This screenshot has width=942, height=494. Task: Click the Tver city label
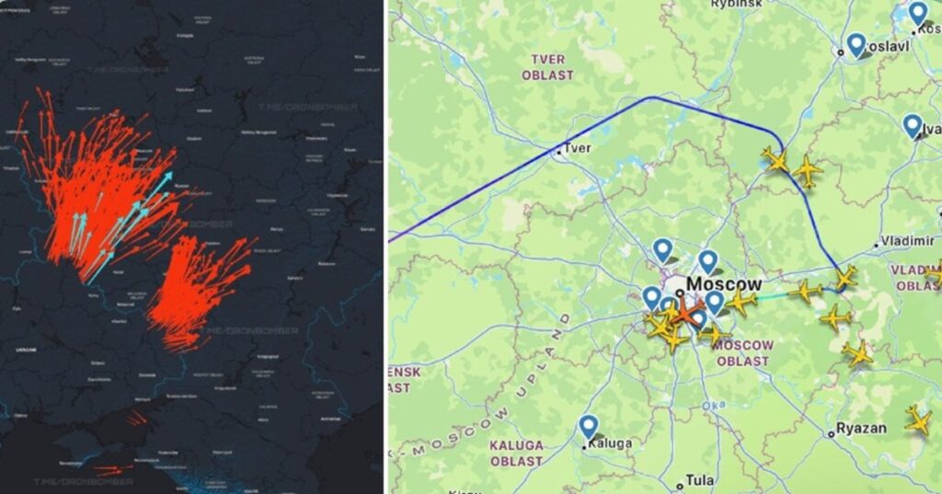(578, 148)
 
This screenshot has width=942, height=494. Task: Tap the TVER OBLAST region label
(547, 67)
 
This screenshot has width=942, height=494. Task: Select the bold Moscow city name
(725, 284)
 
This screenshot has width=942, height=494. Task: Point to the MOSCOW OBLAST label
(741, 353)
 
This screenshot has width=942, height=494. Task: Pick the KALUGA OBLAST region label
(516, 453)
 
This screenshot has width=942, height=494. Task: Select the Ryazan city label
(861, 429)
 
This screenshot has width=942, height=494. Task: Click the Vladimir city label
(908, 241)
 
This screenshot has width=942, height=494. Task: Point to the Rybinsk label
(737, 5)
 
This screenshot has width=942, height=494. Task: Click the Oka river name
(712, 405)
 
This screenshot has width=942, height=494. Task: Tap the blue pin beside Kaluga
(589, 427)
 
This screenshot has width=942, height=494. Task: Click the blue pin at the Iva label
(912, 125)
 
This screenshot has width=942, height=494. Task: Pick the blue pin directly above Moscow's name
(707, 261)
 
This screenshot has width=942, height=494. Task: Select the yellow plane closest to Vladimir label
(845, 276)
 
